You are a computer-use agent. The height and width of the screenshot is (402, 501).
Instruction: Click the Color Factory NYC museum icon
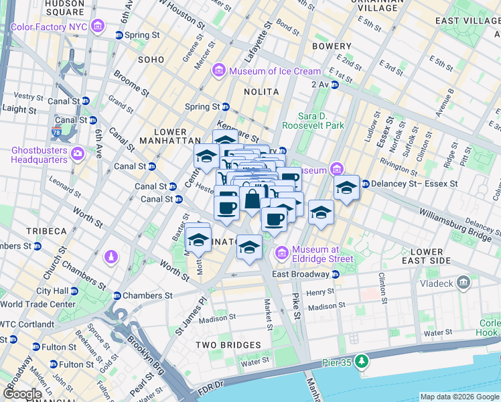[98, 27]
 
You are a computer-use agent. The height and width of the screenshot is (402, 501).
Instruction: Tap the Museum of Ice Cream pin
[219, 71]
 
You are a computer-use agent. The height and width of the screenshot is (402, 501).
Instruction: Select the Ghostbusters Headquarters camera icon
[78, 154]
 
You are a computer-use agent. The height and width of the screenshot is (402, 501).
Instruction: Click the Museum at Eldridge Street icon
[281, 253]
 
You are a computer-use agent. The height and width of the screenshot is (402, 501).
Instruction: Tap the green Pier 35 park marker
[362, 362]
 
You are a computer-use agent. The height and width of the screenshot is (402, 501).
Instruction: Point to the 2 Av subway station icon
[334, 84]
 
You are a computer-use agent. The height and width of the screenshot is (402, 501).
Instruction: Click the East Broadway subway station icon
[336, 274]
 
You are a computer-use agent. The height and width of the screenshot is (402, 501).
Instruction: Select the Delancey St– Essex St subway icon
[366, 184]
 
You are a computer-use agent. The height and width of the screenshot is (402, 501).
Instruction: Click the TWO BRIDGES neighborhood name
[228, 345]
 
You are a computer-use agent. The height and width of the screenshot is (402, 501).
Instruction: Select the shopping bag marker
[252, 200]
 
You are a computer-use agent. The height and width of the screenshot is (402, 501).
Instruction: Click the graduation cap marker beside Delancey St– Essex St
[346, 188]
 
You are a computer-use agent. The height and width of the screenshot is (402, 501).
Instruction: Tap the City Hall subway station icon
[74, 291]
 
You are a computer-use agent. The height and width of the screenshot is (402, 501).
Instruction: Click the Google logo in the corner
[22, 394]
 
